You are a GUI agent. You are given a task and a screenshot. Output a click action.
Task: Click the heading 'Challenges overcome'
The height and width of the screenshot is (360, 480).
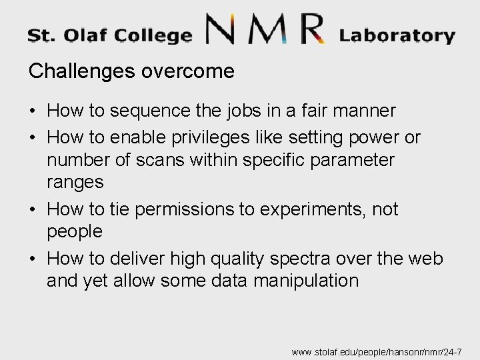(131, 72)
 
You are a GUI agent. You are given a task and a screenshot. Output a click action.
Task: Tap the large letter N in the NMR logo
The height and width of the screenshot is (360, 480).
(227, 31)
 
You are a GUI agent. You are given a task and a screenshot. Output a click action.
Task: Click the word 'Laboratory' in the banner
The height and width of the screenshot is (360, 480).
(397, 35)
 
